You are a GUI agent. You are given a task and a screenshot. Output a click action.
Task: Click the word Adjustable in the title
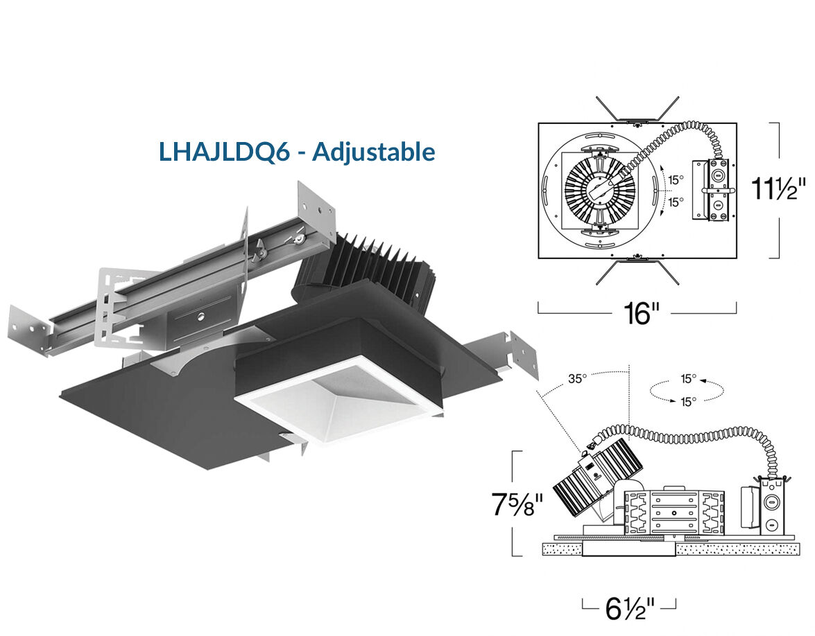(x=374, y=152)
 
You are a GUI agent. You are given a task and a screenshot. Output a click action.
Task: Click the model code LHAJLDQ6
(x=224, y=152)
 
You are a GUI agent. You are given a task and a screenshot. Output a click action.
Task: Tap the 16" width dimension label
(x=641, y=313)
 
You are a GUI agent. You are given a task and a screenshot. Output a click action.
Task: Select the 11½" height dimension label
(x=779, y=188)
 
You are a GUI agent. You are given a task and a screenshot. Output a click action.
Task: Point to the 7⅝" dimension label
(x=517, y=504)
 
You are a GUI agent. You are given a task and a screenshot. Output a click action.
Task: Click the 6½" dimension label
(x=629, y=609)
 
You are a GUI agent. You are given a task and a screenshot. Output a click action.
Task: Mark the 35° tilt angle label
(x=577, y=378)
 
